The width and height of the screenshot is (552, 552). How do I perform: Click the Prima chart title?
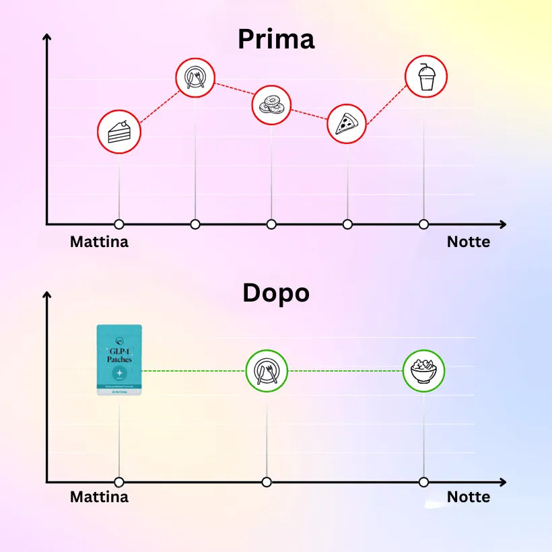click(276, 40)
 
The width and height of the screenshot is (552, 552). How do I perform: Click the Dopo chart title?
click(276, 294)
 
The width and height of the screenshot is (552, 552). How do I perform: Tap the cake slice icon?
click(119, 131)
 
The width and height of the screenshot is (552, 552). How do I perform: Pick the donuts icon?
click(271, 105)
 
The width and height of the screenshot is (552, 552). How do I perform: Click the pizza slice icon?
click(347, 123)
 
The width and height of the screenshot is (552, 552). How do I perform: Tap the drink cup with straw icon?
click(425, 76)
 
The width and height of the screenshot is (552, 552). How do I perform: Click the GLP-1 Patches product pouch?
click(119, 359)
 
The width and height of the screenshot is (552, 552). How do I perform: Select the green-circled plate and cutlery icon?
click(267, 371)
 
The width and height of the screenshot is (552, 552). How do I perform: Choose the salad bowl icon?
click(423, 371)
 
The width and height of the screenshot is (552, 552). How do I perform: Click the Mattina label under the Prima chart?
click(99, 242)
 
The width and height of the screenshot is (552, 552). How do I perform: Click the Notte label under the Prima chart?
click(469, 242)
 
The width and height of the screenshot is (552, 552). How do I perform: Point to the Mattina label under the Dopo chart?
click(99, 497)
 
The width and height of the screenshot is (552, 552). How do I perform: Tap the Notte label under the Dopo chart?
click(469, 497)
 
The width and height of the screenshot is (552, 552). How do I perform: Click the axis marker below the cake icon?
click(119, 224)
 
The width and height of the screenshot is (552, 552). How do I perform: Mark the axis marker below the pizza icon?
click(347, 224)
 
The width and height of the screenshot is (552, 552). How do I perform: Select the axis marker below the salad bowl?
click(423, 482)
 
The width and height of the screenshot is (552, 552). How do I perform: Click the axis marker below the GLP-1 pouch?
click(119, 482)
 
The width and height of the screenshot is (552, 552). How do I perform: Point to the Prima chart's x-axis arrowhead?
click(502, 224)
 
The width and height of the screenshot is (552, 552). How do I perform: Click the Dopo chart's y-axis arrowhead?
click(46, 294)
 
